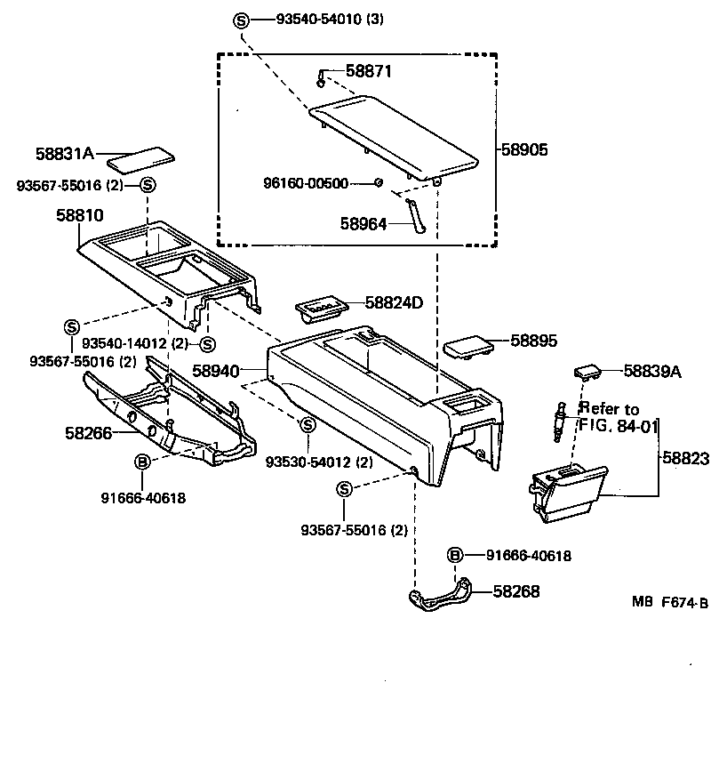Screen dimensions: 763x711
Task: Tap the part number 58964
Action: point(363,224)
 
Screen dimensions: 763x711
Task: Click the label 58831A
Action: point(65,153)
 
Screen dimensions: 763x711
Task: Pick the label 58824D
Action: point(394,303)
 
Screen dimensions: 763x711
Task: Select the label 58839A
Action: point(651,371)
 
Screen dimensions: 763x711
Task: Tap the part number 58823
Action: point(685,458)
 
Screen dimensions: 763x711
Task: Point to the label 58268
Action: point(516,590)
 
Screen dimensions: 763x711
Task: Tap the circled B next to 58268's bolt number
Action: point(455,555)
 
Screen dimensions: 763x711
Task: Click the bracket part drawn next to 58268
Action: point(439,598)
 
